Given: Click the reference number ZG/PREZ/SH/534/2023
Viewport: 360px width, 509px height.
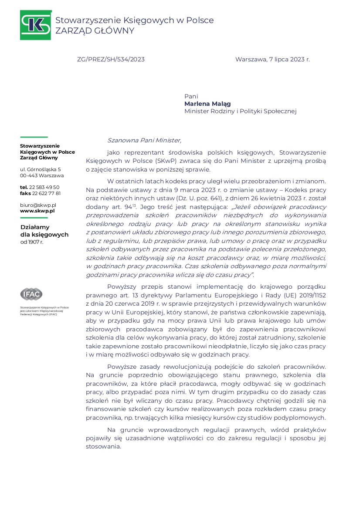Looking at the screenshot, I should [x=111, y=59].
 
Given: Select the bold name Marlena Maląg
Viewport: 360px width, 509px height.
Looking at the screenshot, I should [x=207, y=104].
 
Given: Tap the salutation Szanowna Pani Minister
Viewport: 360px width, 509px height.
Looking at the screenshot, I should [x=144, y=140].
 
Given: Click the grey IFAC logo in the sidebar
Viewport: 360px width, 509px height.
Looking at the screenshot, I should [x=31, y=294].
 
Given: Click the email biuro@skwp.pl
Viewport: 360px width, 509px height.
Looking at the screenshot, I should [x=38, y=205].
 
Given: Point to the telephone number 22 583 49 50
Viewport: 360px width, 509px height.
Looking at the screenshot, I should [x=44, y=187].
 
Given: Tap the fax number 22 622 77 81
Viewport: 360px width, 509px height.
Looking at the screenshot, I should [x=46, y=193].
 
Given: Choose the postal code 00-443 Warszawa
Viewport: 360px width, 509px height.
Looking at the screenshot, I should [x=42, y=175].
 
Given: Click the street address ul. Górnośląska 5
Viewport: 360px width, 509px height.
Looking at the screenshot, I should [x=41, y=169].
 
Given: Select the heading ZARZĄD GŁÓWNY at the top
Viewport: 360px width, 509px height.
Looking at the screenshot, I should [x=95, y=31].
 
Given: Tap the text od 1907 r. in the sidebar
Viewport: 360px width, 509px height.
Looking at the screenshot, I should [x=32, y=242].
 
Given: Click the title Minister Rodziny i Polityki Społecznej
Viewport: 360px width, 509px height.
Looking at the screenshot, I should [x=240, y=111].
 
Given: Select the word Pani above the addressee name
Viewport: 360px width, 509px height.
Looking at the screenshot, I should [x=191, y=96].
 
